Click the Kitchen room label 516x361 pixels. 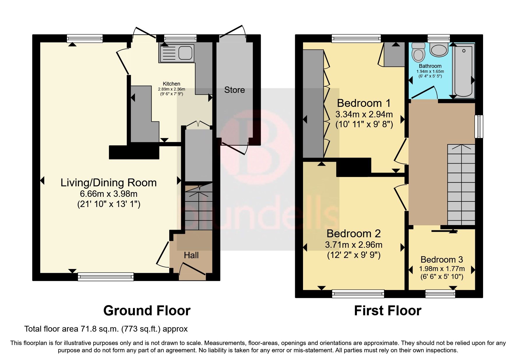click(x=171, y=84)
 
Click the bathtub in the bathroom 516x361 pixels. click(x=463, y=71)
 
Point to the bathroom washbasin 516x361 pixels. click(x=439, y=50)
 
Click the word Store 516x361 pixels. click(x=234, y=90)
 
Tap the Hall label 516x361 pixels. click(x=191, y=255)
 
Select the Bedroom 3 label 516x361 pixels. click(x=441, y=259)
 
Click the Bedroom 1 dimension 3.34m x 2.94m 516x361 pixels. click(x=364, y=114)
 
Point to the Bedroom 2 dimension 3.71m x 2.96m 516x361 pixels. click(x=354, y=245)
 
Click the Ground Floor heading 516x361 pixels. click(x=147, y=311)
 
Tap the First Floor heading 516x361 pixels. click(x=388, y=311)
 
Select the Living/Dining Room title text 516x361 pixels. click(x=108, y=183)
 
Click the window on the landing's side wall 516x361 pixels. click(x=479, y=126)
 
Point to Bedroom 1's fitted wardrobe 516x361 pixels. click(x=313, y=103)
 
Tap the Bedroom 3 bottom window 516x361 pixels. click(x=440, y=293)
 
